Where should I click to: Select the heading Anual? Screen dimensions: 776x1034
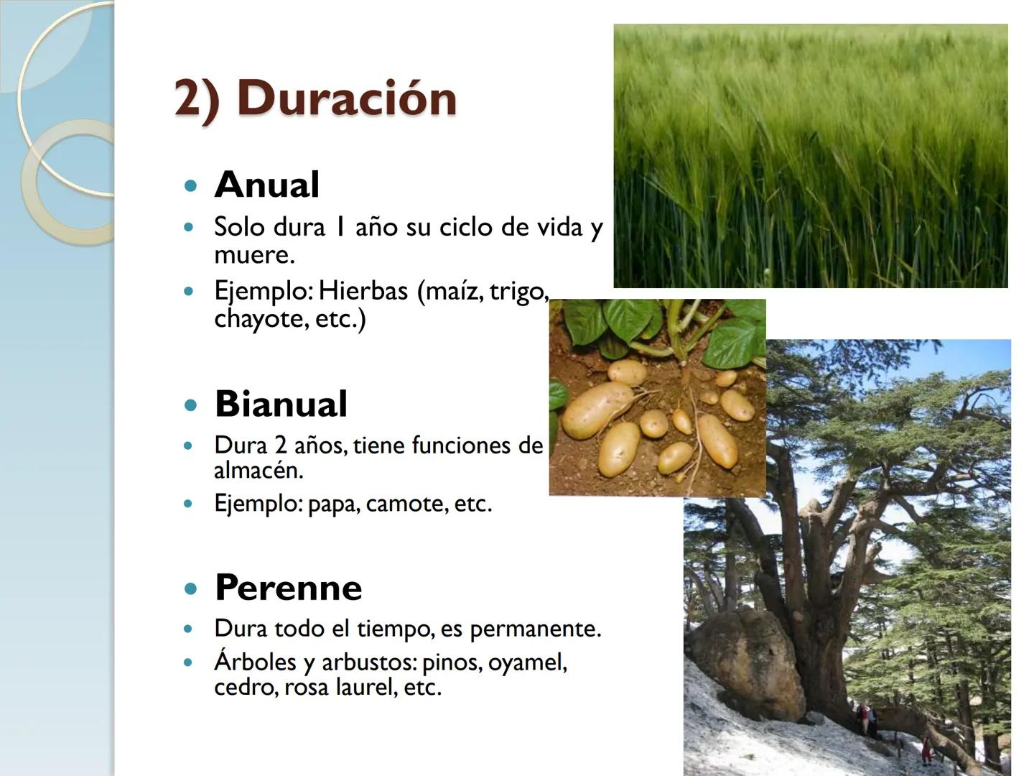(266, 185)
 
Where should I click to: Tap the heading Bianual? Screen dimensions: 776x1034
(281, 404)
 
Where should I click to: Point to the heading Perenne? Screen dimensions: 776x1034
(288, 588)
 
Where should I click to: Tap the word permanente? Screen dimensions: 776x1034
(534, 629)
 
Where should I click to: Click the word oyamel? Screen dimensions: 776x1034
(526, 662)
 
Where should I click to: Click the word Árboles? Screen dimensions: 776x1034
(255, 662)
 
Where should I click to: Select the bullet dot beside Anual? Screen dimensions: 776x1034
(190, 186)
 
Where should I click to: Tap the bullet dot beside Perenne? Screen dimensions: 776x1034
(190, 588)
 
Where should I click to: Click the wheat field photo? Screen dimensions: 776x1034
(810, 156)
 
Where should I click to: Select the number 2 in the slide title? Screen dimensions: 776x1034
(188, 98)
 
